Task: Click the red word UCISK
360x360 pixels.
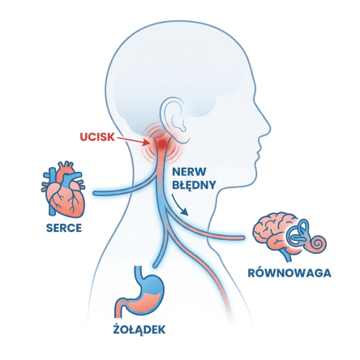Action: coord(97,137)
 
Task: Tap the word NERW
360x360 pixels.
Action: coord(189,172)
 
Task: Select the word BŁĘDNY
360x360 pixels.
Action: coord(194,186)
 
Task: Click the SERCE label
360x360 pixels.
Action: coord(64,228)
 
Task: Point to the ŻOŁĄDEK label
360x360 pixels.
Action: coord(139,329)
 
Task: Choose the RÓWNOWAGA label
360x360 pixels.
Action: coord(289,272)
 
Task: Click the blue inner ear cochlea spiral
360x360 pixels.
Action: coord(318,242)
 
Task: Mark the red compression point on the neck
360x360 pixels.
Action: coord(161,144)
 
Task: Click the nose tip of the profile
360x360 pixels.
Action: coord(270,127)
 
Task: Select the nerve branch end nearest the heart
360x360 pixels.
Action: coord(95,193)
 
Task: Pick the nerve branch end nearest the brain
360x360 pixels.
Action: coord(242,238)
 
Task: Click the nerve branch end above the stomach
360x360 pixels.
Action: coord(155,265)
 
